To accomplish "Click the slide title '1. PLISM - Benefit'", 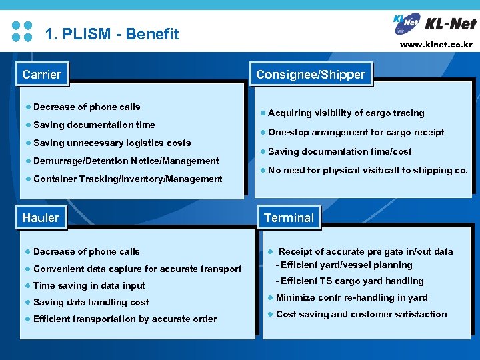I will [111, 34].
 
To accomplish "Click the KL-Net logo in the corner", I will [434, 23].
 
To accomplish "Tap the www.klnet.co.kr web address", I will [436, 45].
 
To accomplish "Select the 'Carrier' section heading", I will [41, 75].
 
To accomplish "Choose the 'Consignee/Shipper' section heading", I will [311, 75].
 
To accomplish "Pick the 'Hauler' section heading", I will [41, 218].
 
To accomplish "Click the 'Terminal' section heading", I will [289, 218].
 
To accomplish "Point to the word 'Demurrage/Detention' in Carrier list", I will [81, 161].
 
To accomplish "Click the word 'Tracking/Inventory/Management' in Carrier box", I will [151, 179].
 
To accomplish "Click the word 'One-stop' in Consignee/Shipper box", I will [287, 132].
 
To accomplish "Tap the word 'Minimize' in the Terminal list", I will [295, 297].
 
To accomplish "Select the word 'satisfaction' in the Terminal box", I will [419, 314].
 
